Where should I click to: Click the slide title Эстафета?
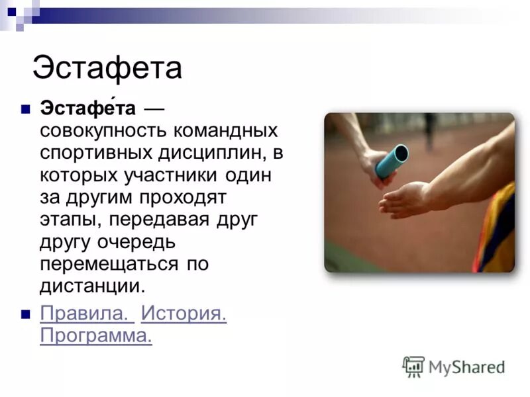coord(107,68)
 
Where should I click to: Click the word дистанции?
coord(91,287)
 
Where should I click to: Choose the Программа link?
coord(96,335)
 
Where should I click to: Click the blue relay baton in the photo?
coord(392,161)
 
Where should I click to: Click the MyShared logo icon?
coord(413,366)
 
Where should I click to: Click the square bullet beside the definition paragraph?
coord(26,108)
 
